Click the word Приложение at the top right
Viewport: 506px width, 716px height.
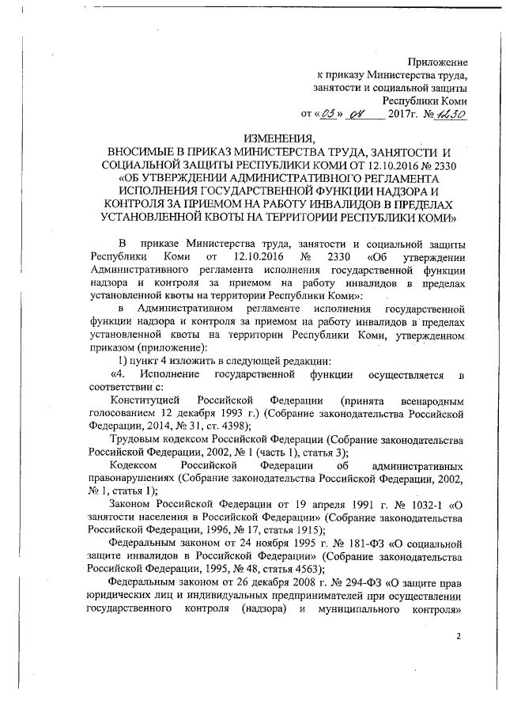coord(437,61)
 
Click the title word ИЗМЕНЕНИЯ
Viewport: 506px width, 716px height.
coord(279,139)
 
